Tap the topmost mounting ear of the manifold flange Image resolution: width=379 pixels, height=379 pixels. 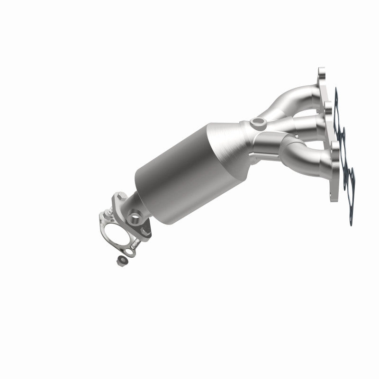click(322, 73)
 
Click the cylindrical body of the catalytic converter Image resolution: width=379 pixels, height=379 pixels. click(175, 171)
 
